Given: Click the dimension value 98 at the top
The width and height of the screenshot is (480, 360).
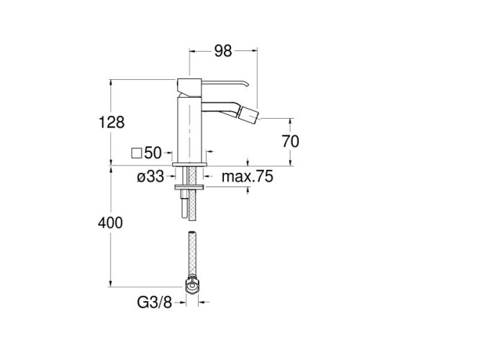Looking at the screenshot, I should (223, 50).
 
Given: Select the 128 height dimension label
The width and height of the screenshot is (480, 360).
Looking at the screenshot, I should (111, 122).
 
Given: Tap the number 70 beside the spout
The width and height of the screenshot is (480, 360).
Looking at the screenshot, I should (291, 141).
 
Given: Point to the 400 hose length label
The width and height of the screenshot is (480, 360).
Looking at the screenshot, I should (111, 223).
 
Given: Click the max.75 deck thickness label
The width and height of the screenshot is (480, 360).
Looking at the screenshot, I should (247, 176).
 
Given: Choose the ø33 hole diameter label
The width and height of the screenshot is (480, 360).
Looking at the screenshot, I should (150, 176).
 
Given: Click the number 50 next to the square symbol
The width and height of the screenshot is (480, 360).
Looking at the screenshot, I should (152, 153).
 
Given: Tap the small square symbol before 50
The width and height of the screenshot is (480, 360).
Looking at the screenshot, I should (137, 153).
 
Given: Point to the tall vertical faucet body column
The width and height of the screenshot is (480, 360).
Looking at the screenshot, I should (190, 130).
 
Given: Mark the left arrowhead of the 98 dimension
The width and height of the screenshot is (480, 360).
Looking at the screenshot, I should (191, 50).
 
